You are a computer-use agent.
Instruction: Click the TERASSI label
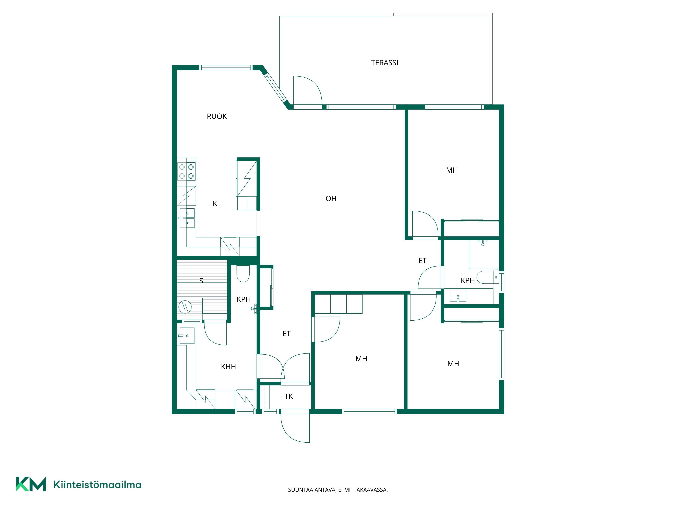(384, 63)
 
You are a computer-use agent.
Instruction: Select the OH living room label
(331, 199)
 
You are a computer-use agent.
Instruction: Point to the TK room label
(288, 396)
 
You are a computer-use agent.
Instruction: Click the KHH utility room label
(228, 366)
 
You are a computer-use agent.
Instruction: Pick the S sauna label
(201, 281)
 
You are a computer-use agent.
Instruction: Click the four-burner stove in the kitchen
(186, 171)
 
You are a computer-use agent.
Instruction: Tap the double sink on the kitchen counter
(187, 218)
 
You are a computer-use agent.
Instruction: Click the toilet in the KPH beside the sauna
(243, 273)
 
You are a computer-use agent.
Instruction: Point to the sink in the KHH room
(187, 336)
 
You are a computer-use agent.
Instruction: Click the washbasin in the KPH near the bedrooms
(458, 296)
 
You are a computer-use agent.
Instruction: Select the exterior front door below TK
(295, 428)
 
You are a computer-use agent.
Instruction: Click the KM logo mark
(31, 484)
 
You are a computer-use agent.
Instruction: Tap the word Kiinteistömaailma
(97, 484)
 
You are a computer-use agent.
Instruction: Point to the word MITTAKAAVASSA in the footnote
(366, 490)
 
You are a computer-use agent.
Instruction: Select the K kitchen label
(215, 203)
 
